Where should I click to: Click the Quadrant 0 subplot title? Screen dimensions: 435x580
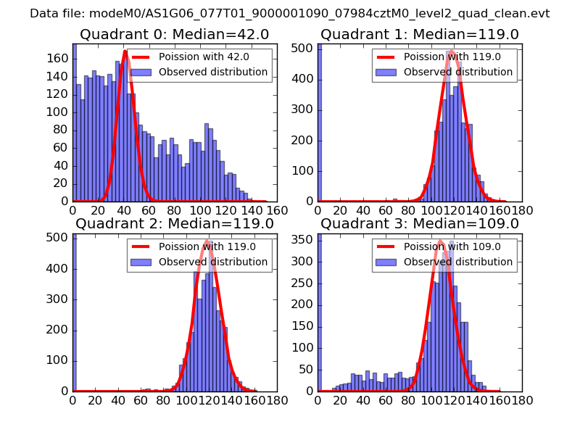coord(174,35)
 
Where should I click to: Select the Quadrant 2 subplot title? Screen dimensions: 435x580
coord(174,224)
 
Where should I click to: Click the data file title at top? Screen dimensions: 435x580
coord(290,13)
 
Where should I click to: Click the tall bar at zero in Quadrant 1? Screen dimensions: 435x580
coord(320,123)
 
